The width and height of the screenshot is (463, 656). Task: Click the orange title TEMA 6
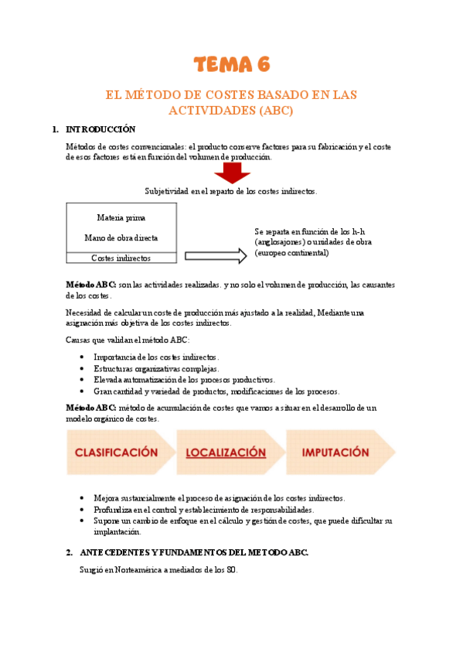click(231, 63)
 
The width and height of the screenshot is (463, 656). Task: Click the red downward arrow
click(232, 173)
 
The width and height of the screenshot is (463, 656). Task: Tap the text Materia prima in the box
click(121, 217)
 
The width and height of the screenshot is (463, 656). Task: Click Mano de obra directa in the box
click(121, 238)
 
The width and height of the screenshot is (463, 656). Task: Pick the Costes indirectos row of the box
click(121, 258)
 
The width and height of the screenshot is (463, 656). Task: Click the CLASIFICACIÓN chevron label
click(116, 453)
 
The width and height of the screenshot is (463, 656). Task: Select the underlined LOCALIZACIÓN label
click(225, 453)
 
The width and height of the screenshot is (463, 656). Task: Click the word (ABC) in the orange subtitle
click(274, 111)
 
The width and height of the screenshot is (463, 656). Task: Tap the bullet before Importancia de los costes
click(83, 357)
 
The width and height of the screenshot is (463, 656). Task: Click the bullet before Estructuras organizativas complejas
click(83, 369)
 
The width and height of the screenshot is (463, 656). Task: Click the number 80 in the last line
click(231, 570)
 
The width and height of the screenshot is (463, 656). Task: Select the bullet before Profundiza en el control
click(83, 511)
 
